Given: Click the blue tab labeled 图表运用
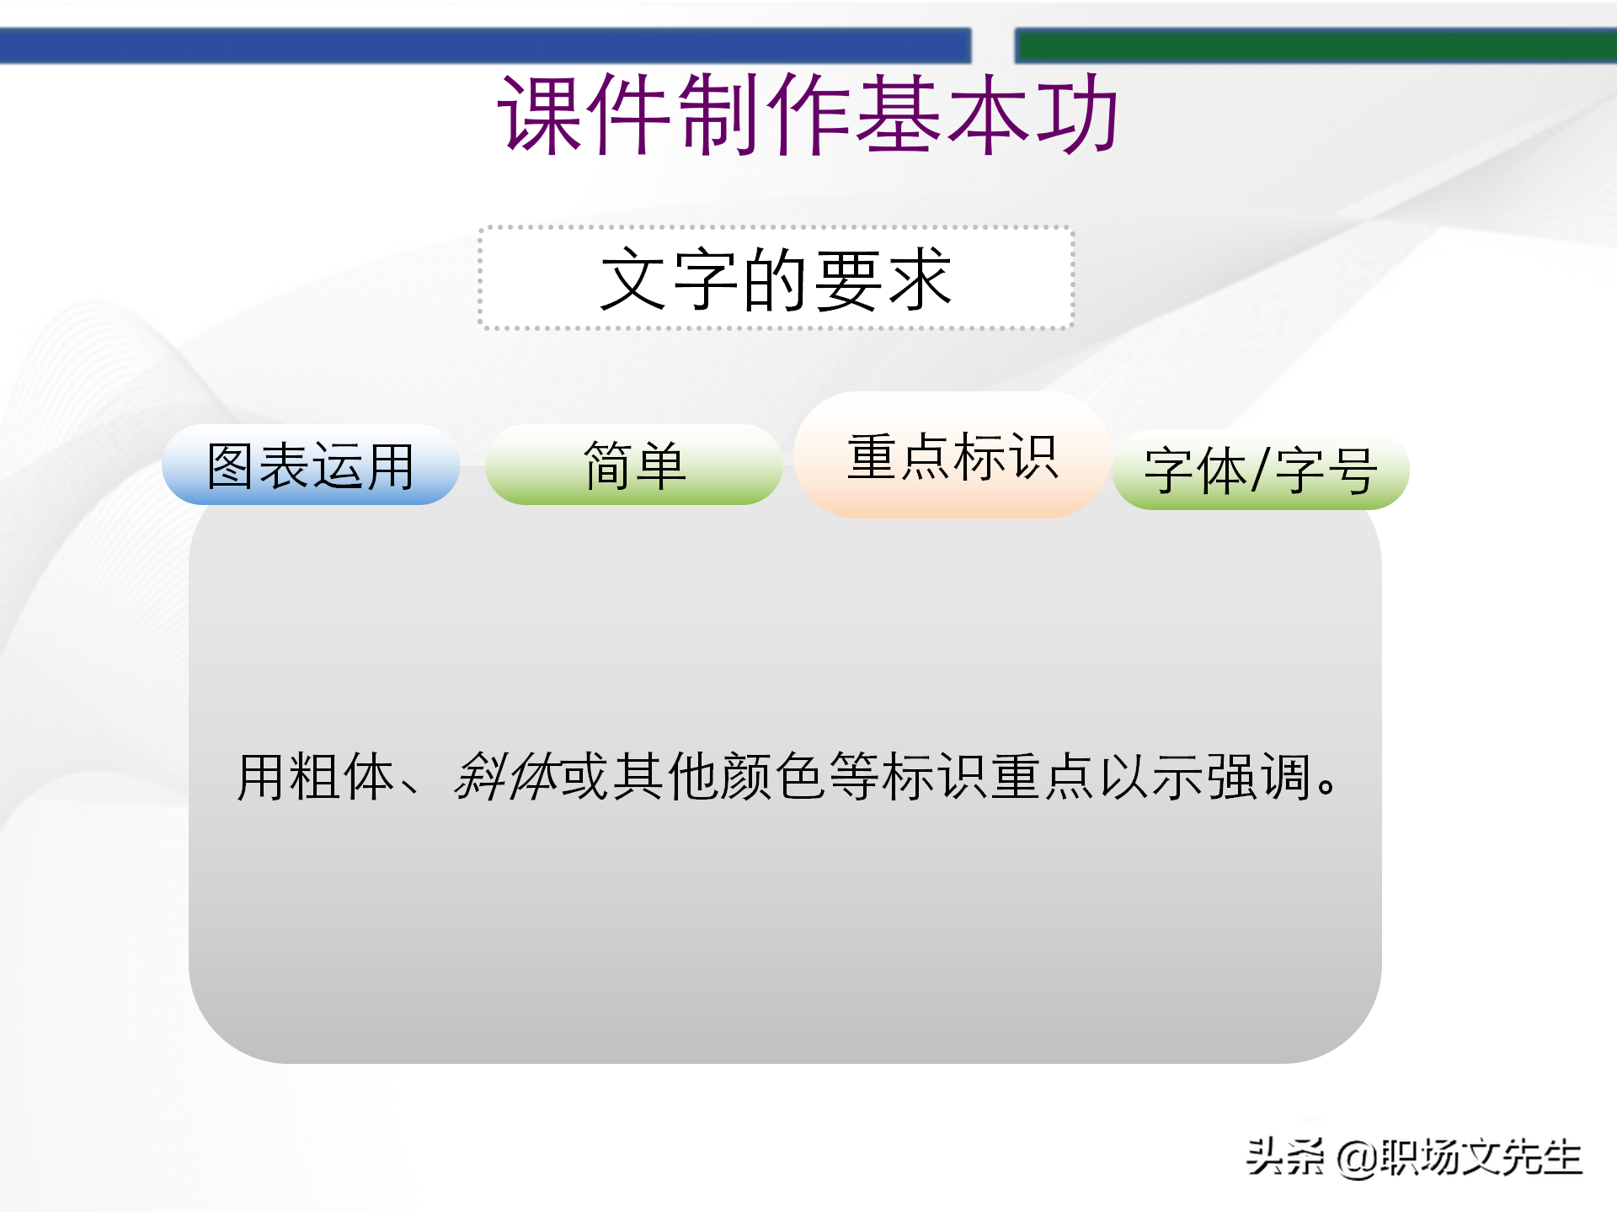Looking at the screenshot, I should [310, 465].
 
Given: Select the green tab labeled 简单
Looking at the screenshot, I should [633, 465].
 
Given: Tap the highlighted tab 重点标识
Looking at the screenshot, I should [951, 456].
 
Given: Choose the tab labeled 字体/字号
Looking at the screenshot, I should [1260, 470].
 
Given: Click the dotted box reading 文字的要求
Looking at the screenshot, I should [776, 279].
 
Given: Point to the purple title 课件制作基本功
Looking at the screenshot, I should [808, 114].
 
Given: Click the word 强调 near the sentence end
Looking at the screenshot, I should [1259, 776].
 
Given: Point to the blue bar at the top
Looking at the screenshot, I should [485, 45].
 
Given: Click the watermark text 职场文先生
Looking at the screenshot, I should [1481, 1157].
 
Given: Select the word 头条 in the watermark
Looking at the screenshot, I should [1285, 1156].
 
